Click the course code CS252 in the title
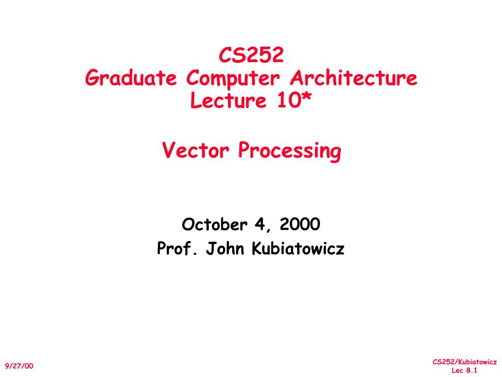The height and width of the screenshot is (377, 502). point(251,55)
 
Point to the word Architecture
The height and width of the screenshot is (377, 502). point(354,78)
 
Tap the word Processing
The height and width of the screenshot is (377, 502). point(289,151)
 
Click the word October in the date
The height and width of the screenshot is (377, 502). point(214,225)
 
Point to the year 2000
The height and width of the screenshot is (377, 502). point(300,225)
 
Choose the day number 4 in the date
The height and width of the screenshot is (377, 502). point(258,225)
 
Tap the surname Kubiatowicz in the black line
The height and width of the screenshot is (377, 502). point(298,249)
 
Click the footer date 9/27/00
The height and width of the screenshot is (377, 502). point(20,366)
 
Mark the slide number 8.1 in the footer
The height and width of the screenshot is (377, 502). point(472,371)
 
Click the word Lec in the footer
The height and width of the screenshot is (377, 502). point(457,371)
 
